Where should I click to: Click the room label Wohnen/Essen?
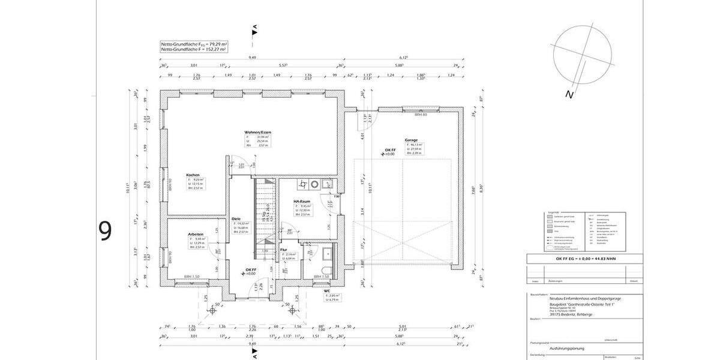coord(257,132)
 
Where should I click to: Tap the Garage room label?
coord(411,140)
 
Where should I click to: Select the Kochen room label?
coord(193,175)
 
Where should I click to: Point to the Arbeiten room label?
coord(196,234)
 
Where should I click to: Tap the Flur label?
coord(284,250)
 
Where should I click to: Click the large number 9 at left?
coord(105,231)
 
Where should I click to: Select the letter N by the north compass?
coord(569,94)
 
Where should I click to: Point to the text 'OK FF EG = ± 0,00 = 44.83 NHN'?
coord(581,259)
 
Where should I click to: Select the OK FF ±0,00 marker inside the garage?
coord(389,152)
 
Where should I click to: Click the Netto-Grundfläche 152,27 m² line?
coord(193,50)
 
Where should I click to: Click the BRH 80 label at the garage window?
coord(411,114)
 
